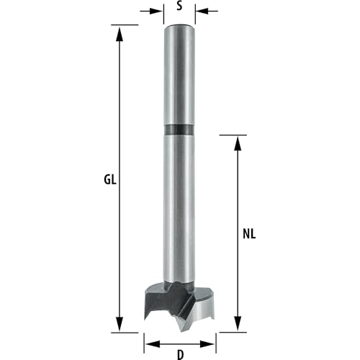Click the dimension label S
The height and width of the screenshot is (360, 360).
pyautogui.click(x=179, y=6)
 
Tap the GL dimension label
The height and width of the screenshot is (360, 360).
pyautogui.click(x=110, y=179)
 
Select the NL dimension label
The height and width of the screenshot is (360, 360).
pyautogui.click(x=249, y=234)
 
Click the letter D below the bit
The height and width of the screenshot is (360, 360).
pyautogui.click(x=180, y=355)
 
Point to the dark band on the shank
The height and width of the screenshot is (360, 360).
pyautogui.click(x=179, y=130)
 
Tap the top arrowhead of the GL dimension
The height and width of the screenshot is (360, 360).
pyautogui.click(x=120, y=35)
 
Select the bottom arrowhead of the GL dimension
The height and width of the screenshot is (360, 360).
pyautogui.click(x=120, y=324)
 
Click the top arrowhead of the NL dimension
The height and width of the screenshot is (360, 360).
pyautogui.click(x=238, y=143)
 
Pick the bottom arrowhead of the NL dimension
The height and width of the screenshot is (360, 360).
pyautogui.click(x=238, y=324)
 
